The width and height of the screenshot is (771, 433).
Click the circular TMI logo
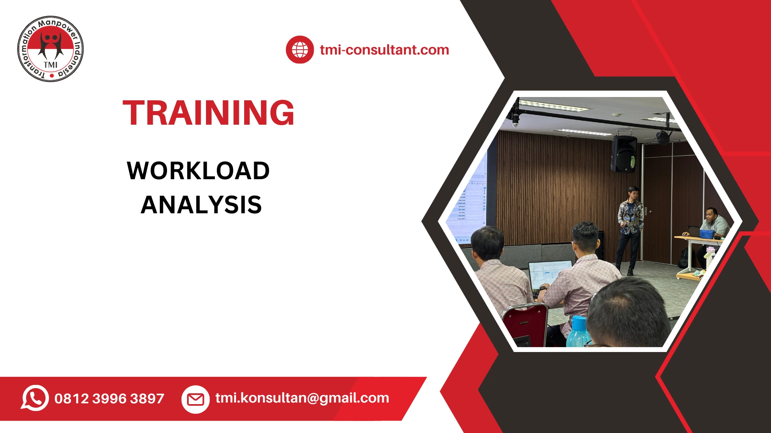pos(51,49)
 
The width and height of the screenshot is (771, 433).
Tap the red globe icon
pos(300,50)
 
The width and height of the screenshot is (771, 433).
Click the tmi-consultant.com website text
pos(384,50)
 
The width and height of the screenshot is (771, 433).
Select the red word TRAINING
pos(208,113)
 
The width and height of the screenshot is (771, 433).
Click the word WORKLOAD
pos(198,171)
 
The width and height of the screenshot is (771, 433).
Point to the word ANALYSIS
pos(201,205)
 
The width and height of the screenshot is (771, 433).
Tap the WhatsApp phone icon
pos(35,398)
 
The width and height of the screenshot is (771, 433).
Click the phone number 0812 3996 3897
pos(109,399)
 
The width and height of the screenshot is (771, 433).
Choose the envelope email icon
pos(196,399)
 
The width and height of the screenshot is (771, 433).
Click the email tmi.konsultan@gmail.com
pos(302,398)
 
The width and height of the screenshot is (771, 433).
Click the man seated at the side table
pos(713,229)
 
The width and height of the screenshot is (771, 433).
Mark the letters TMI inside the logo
pos(51,65)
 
